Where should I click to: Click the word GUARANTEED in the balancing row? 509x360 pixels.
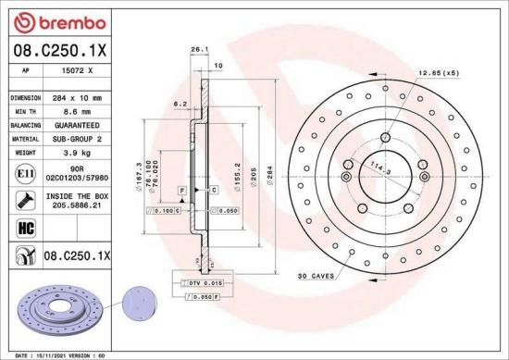coord(73,123)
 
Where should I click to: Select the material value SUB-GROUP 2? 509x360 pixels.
coord(73,137)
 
